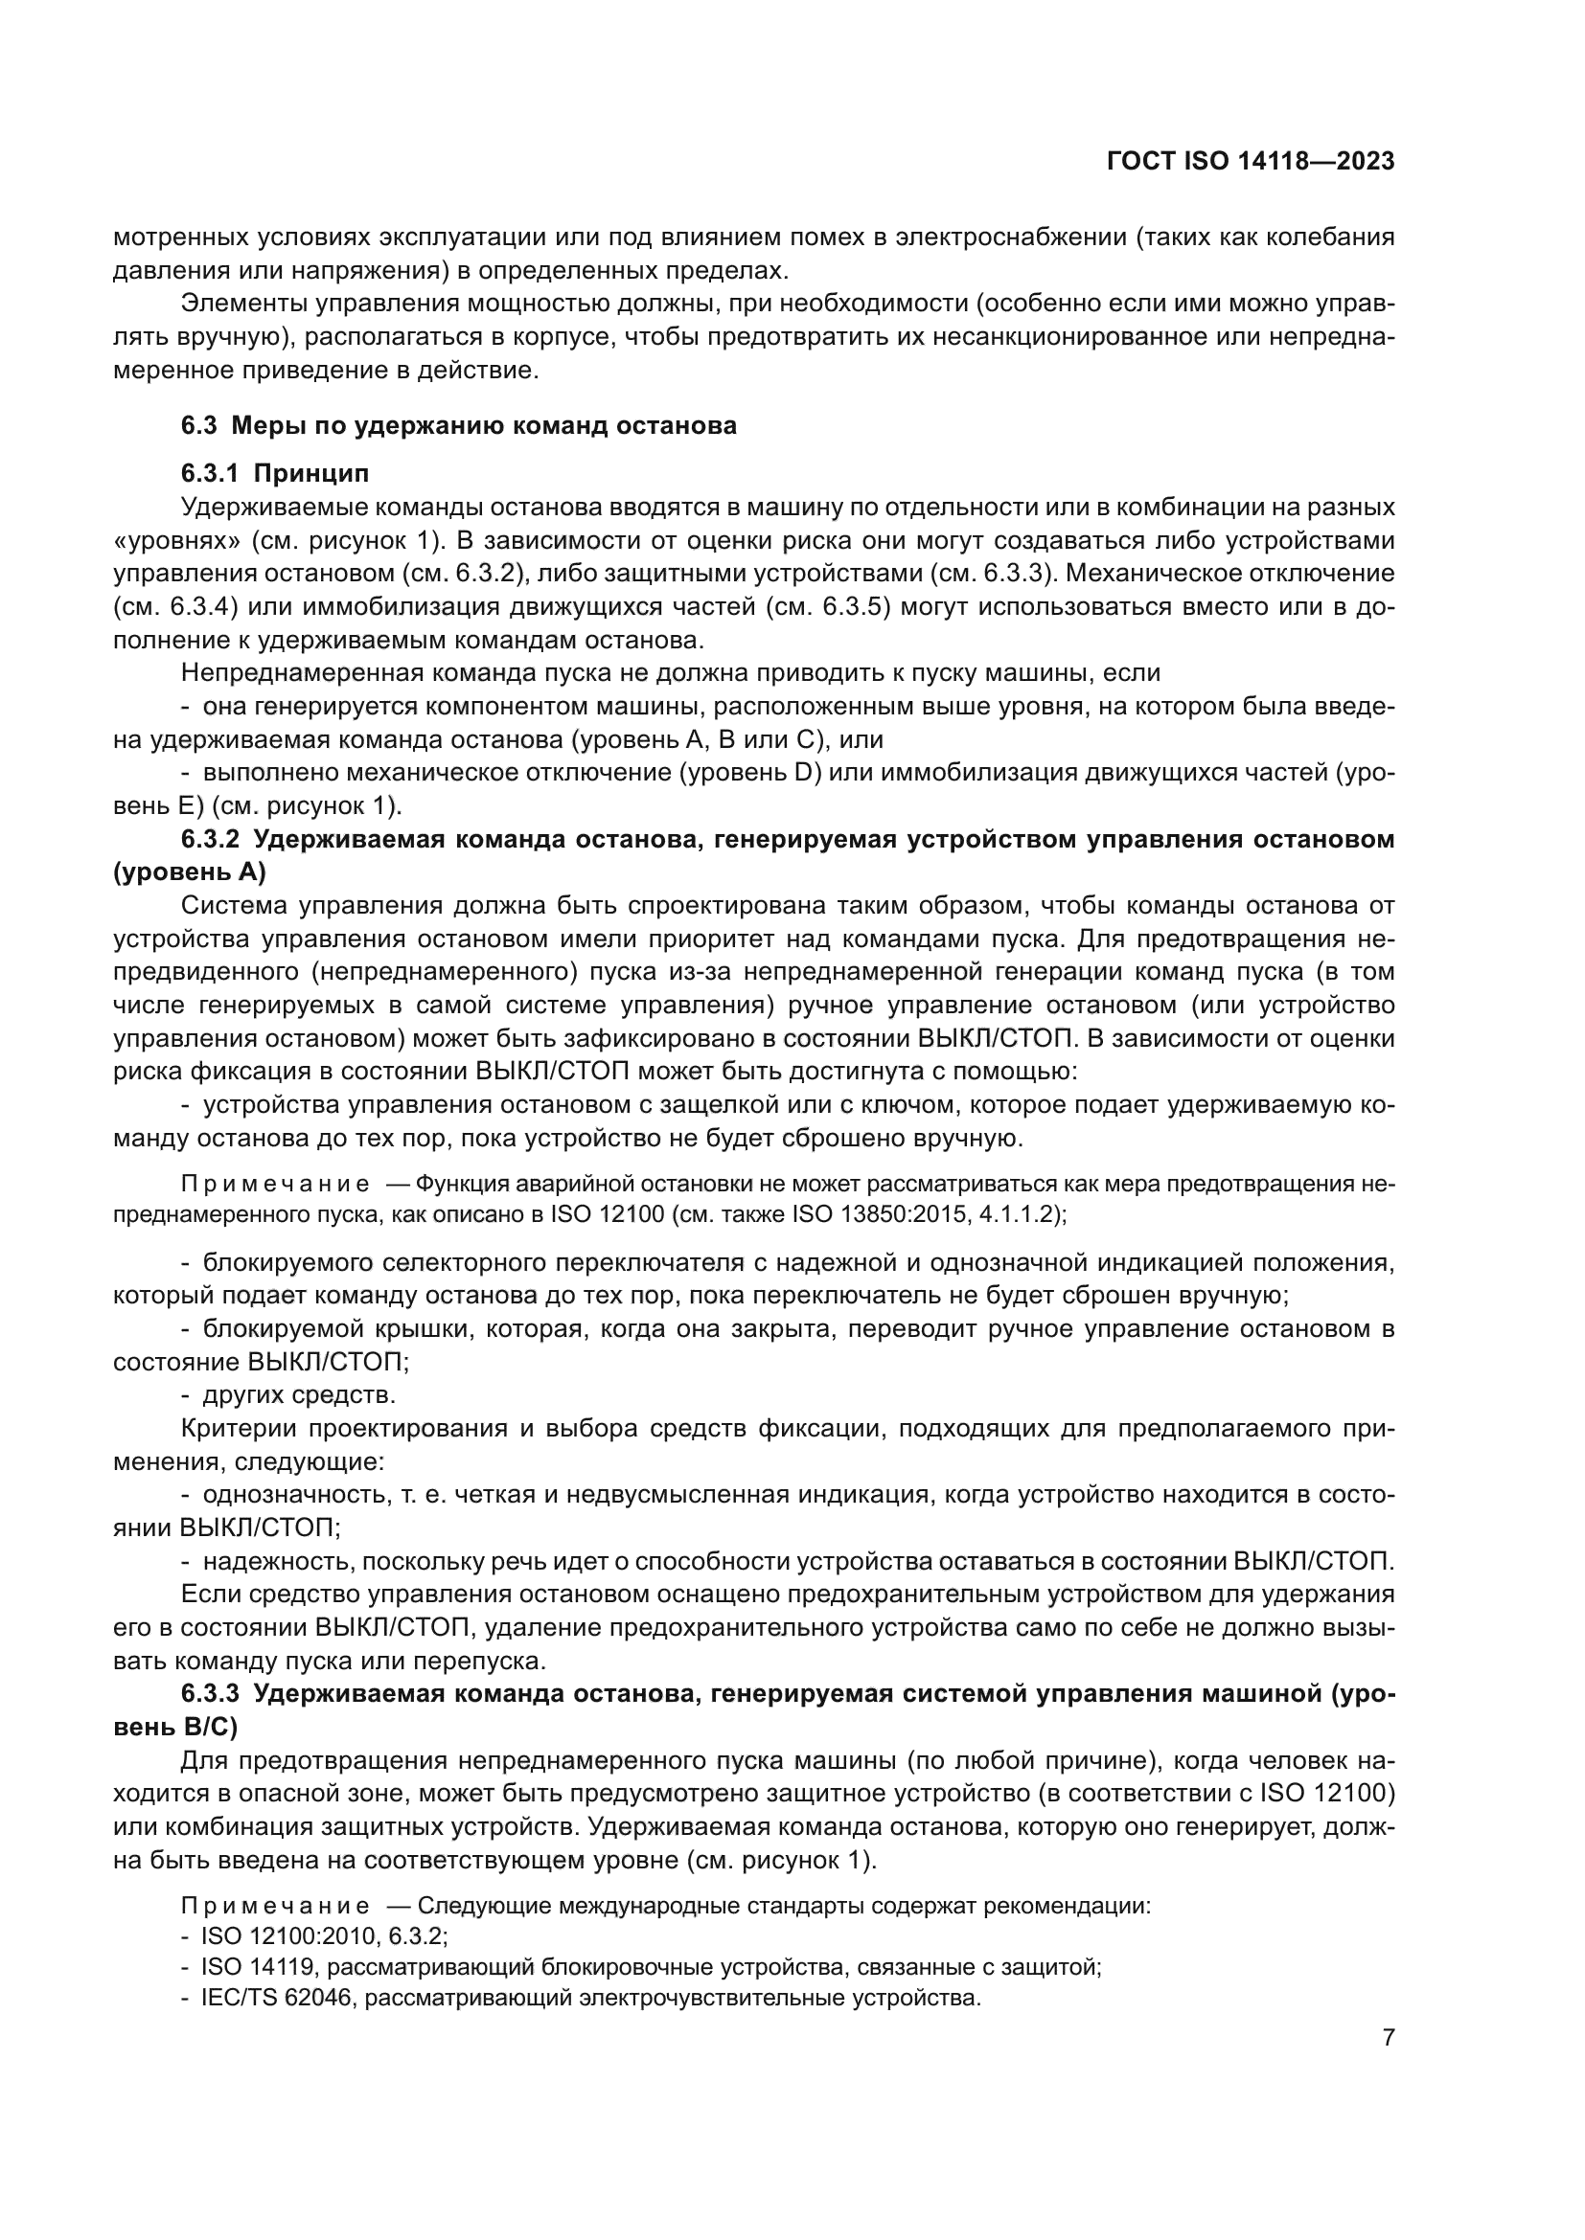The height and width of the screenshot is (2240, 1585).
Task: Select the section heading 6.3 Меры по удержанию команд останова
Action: pyautogui.click(x=459, y=425)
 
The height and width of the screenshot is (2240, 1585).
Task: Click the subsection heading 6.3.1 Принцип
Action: pyautogui.click(x=275, y=474)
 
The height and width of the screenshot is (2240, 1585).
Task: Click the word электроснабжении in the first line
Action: pyautogui.click(x=1010, y=238)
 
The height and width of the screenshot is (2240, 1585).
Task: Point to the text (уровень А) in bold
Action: pyautogui.click(x=190, y=872)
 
